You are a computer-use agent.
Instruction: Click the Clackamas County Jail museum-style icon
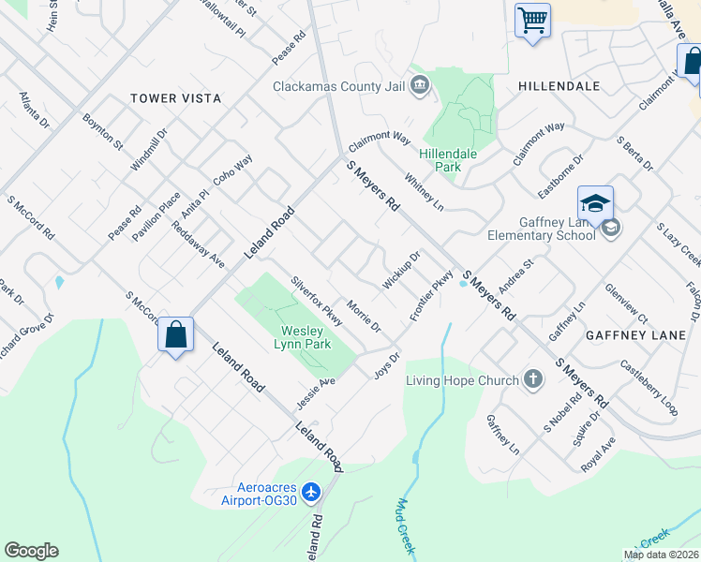point(419,86)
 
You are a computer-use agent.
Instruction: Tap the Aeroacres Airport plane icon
point(312,492)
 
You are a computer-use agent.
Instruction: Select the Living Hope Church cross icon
point(533,380)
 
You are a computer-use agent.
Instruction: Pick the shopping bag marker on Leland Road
point(175,334)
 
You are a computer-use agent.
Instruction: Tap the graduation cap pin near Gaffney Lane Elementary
point(595,202)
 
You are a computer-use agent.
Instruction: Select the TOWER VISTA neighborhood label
point(176,98)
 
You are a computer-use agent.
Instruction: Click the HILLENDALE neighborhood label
point(559,85)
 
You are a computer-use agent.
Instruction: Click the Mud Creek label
point(404,525)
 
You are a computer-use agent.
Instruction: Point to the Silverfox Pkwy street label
point(317,301)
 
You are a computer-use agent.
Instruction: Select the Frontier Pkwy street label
point(430,295)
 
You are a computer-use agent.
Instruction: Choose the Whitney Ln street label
point(423,191)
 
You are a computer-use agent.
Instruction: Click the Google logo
point(31,551)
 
